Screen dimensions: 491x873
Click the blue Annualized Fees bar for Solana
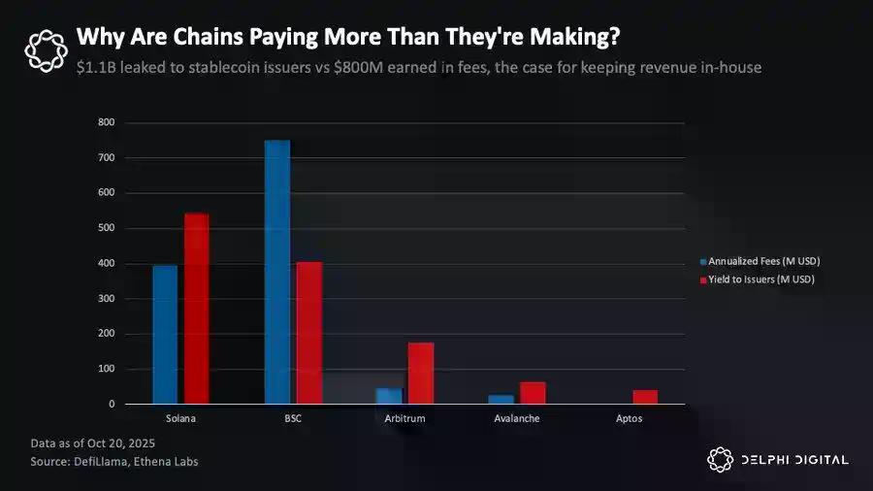tap(165, 334)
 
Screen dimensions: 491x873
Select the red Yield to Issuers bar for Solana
tap(196, 309)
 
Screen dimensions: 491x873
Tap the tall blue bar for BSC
tap(277, 272)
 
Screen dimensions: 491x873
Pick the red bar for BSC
tap(309, 333)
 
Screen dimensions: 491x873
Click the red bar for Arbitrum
tap(421, 373)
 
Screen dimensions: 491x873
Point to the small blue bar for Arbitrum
tap(389, 396)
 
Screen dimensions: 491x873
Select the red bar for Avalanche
tap(533, 392)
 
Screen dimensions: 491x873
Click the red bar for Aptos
tap(645, 397)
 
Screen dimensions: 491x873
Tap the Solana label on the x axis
tap(181, 418)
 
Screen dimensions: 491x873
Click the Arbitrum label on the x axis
tap(404, 418)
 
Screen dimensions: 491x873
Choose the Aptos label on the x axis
tap(628, 418)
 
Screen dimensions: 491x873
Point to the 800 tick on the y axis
tap(107, 122)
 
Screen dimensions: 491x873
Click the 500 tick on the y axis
tap(107, 228)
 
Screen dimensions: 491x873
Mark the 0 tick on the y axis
tap(113, 404)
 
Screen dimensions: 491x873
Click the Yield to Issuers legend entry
tap(760, 279)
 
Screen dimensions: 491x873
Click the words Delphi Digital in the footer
tap(792, 460)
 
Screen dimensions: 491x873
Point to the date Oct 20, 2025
tap(106, 443)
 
